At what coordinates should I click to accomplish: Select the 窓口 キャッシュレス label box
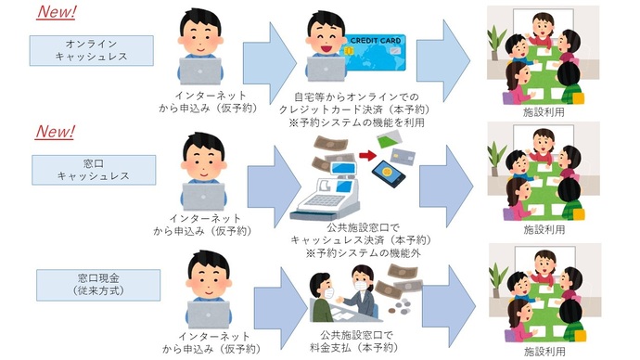coord(91,168)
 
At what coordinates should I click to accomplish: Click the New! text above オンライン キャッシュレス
coord(56,12)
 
